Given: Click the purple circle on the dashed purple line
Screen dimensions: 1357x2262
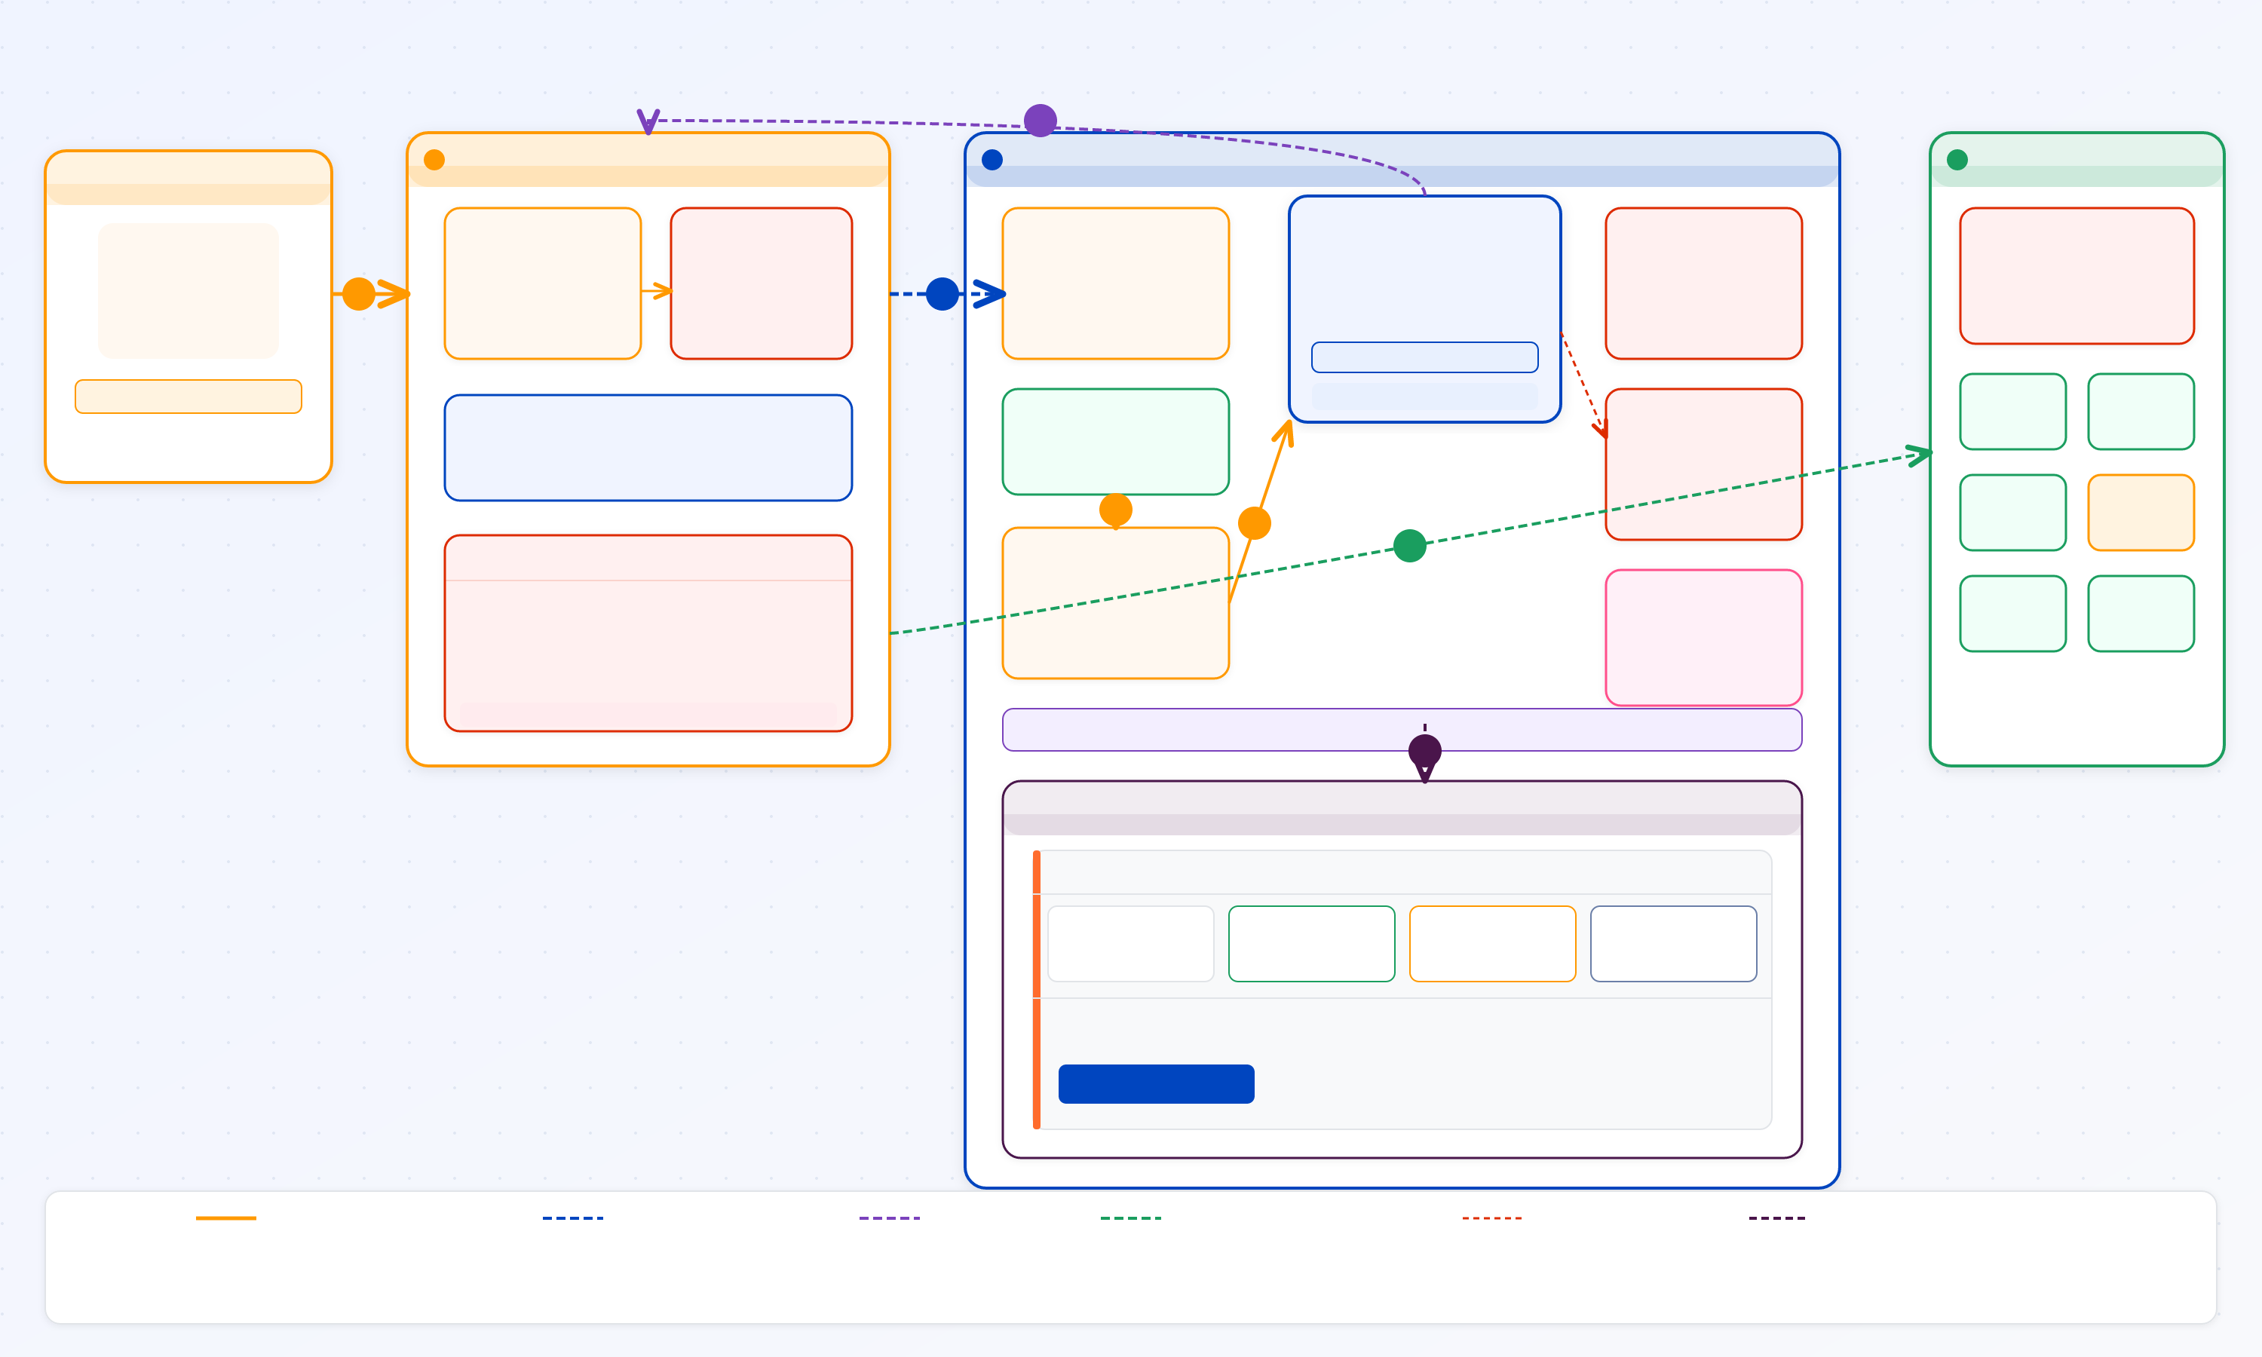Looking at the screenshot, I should click(1040, 120).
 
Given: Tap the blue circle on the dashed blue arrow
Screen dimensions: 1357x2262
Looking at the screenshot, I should click(942, 293).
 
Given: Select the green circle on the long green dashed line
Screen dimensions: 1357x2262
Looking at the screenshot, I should click(1409, 546).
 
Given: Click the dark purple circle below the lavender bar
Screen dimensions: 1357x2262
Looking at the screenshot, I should click(1424, 752).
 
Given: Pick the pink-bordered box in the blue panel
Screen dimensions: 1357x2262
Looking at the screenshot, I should click(1703, 637).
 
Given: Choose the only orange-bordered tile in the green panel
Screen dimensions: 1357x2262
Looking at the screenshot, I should click(2140, 512).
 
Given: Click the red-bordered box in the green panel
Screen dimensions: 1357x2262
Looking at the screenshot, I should click(2076, 275).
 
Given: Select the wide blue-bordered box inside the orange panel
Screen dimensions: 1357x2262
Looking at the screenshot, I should click(648, 447).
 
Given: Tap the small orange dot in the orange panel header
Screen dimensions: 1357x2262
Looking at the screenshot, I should click(434, 160).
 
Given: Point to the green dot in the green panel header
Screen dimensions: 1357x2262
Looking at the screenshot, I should click(1957, 160).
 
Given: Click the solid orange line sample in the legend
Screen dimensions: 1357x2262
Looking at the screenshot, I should click(226, 1218).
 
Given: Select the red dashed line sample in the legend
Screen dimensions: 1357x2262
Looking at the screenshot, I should click(1491, 1218).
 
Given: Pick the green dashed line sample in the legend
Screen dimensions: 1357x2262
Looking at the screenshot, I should click(1130, 1218).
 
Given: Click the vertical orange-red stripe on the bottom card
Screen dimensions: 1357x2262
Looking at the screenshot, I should click(1036, 989).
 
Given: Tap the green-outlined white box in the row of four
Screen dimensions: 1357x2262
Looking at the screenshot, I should click(1311, 944).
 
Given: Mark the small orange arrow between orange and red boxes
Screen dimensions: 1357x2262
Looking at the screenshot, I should click(657, 291).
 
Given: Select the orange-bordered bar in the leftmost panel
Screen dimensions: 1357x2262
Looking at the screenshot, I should click(188, 396).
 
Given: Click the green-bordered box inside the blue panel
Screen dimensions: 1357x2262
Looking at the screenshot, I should click(1114, 442).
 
